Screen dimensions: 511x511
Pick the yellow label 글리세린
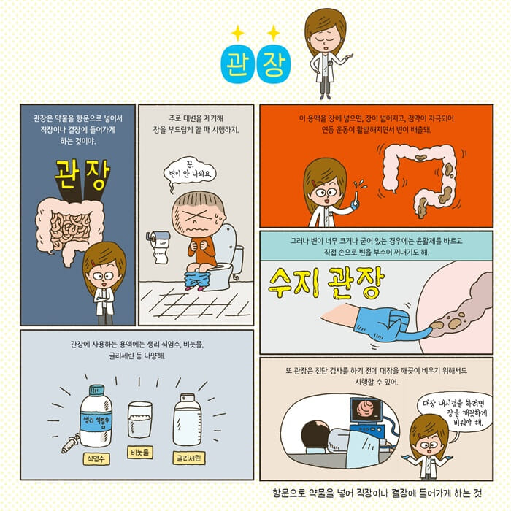pyautogui.click(x=189, y=458)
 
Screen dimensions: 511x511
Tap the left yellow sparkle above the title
pyautogui.click(x=237, y=32)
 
